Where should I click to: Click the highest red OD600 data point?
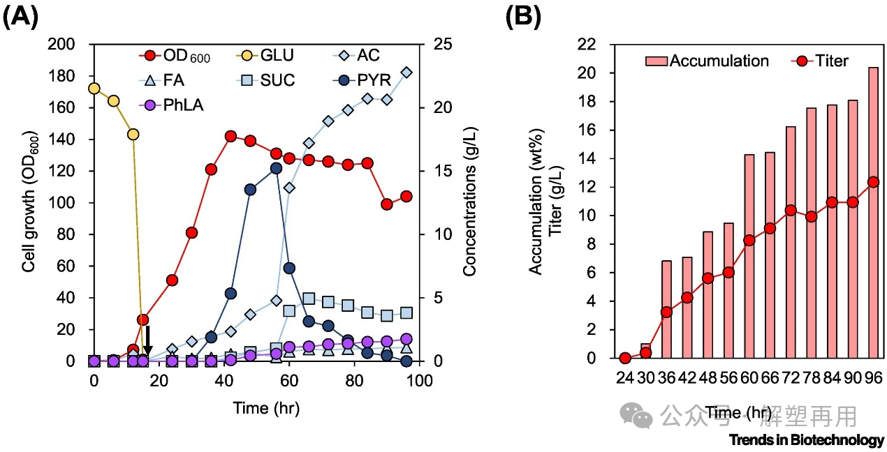(231, 136)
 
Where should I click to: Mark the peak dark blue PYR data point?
(276, 168)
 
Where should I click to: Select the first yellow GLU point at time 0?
(94, 89)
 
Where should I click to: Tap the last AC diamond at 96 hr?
(406, 73)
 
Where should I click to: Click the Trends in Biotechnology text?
(806, 440)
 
